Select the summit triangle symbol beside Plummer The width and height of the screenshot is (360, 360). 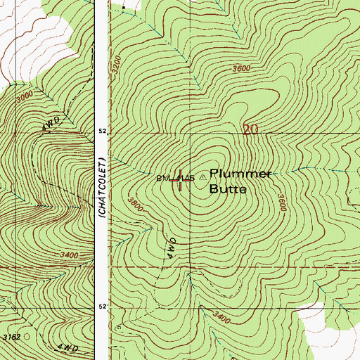[x=202, y=177]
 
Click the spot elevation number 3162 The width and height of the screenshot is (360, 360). [x=11, y=337]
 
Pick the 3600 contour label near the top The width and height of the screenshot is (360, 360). [x=241, y=68]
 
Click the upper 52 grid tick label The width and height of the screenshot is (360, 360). [x=102, y=131]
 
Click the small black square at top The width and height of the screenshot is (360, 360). [x=124, y=6]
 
